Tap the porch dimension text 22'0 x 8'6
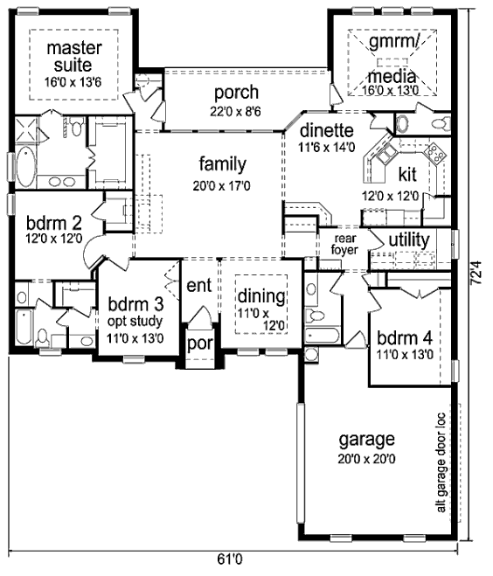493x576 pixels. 235,112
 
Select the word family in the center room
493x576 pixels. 223,164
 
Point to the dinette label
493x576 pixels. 327,130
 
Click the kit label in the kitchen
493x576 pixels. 407,174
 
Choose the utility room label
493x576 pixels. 409,240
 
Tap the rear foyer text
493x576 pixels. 344,244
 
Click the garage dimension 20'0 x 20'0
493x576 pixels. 366,459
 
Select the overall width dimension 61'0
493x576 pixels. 230,559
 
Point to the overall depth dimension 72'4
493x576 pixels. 476,273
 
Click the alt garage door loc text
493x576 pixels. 441,463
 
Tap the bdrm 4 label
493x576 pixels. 405,338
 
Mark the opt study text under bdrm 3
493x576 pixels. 135,322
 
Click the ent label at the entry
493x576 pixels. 198,286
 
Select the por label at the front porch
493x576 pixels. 200,344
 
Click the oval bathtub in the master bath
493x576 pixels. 25,166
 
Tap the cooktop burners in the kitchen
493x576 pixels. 435,154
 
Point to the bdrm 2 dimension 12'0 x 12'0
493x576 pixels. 53,239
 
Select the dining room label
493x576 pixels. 261,296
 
